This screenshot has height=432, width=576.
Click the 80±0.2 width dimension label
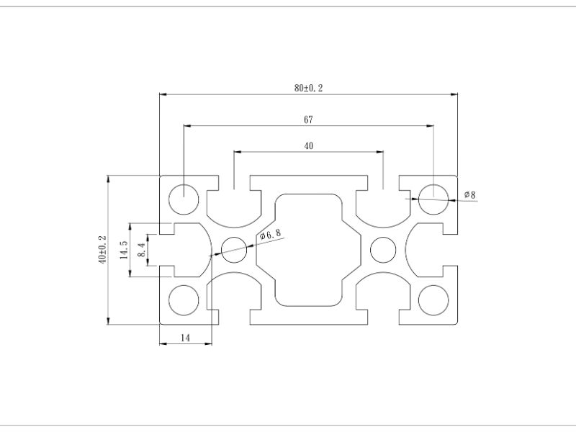[308, 88]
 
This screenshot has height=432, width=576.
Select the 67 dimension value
[308, 119]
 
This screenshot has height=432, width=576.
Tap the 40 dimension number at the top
[308, 145]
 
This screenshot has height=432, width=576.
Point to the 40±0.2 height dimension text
[102, 249]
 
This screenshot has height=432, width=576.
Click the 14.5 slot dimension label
[123, 249]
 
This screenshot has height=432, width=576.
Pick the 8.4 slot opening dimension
[142, 249]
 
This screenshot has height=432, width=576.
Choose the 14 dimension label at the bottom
[185, 336]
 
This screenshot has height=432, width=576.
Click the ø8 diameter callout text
[469, 194]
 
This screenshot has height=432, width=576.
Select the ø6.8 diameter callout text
[270, 234]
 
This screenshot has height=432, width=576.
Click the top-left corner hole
[183, 197]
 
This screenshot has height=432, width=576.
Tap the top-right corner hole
[433, 197]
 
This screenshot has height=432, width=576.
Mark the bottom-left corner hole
[183, 300]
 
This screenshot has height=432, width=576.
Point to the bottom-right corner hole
[433, 300]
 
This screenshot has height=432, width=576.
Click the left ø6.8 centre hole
[234, 250]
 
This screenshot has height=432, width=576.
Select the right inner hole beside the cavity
[382, 250]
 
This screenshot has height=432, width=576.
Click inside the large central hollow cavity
[308, 249]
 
